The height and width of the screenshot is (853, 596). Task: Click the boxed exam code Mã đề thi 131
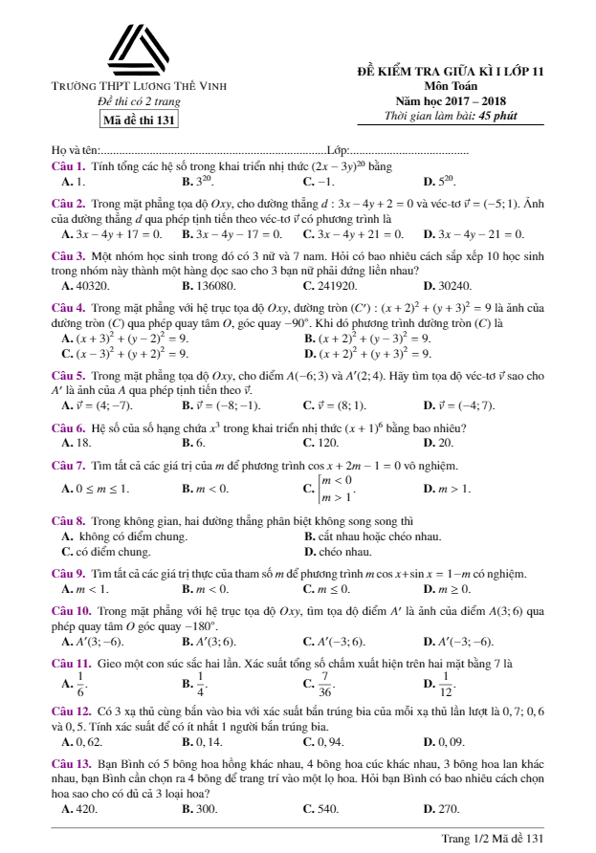point(139,120)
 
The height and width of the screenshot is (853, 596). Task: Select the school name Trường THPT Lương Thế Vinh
point(139,87)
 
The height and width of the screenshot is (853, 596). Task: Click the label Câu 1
point(67,165)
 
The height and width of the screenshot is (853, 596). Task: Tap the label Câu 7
point(67,466)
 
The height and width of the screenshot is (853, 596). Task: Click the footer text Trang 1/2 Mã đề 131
point(493,838)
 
